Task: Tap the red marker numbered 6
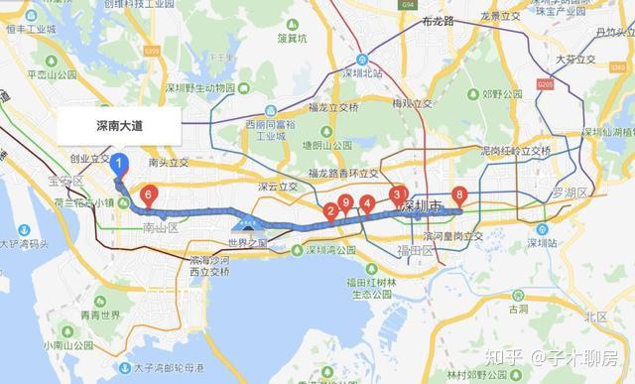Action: [148, 195]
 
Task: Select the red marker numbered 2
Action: [330, 210]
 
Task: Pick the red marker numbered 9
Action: [345, 203]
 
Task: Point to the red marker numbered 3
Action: [397, 195]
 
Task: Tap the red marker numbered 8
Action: [457, 195]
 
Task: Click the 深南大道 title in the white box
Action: [119, 127]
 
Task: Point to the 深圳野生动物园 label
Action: [194, 88]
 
